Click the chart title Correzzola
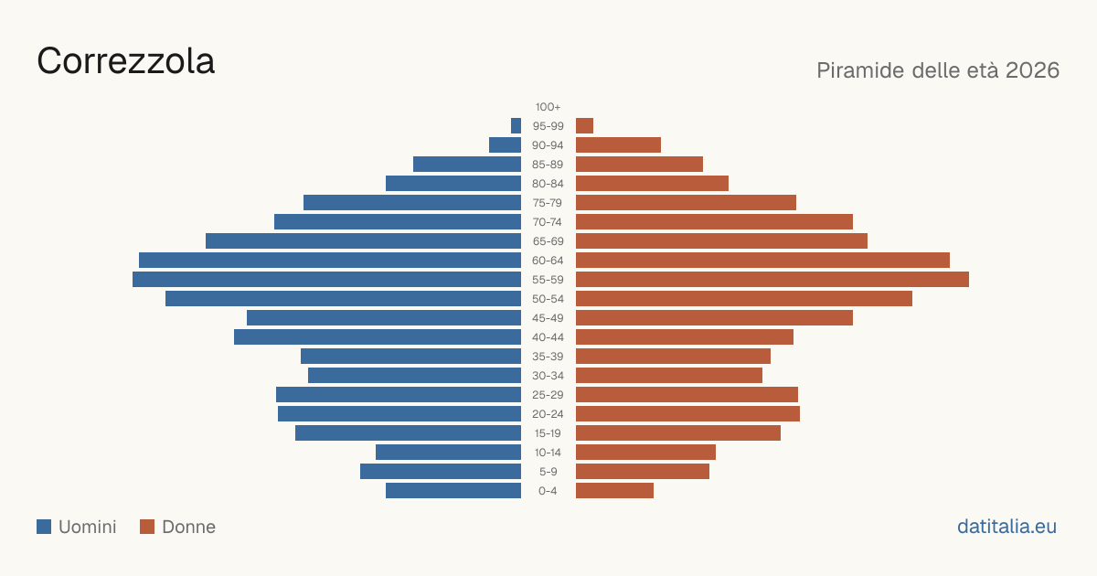point(126,61)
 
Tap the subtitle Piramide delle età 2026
point(938,70)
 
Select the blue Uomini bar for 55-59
point(326,280)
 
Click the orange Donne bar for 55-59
point(772,280)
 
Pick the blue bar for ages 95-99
point(517,126)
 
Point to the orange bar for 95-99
point(584,126)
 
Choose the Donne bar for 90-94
point(618,145)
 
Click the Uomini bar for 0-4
point(453,491)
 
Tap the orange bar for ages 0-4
point(614,491)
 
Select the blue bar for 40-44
point(378,337)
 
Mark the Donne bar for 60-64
point(762,260)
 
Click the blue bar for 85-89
point(467,164)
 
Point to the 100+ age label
point(548,107)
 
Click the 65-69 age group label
point(548,241)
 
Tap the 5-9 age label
point(548,472)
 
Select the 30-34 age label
point(548,376)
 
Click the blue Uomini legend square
point(44,527)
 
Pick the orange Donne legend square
point(147,527)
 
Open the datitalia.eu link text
point(1006,527)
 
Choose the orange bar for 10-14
point(645,452)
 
